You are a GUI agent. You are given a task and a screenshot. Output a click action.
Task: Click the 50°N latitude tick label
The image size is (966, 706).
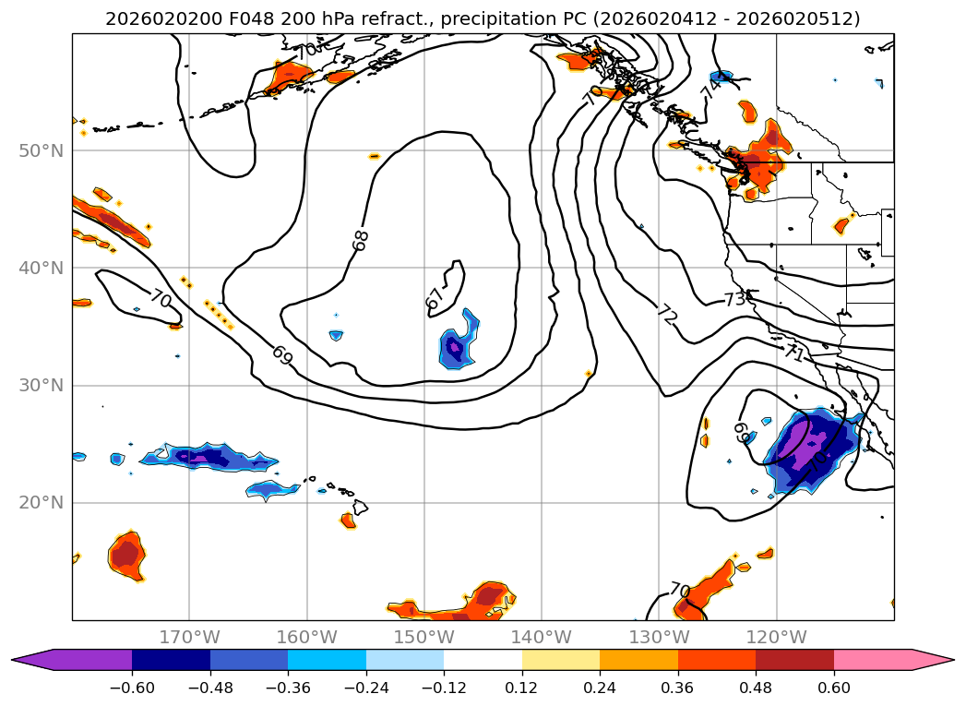coord(41,150)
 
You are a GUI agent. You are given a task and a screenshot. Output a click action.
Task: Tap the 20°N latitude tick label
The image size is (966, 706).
coord(41,503)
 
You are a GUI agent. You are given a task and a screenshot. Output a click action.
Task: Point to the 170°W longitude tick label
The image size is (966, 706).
coord(189,637)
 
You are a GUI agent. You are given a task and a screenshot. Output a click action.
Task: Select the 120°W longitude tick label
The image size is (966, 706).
coord(776,637)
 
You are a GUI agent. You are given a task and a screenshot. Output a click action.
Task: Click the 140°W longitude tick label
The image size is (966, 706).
coord(542,637)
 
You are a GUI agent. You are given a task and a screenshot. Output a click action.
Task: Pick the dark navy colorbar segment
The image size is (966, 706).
coord(171,659)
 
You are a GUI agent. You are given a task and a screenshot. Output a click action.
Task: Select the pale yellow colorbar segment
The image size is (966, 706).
coord(560,659)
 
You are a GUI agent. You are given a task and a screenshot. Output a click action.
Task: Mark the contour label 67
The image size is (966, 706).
coord(434,298)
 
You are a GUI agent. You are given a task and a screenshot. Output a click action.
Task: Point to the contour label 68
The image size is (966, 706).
coord(361,240)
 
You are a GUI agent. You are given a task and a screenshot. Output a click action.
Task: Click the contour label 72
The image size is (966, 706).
coord(666,314)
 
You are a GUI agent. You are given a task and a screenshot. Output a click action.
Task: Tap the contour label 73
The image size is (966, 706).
coord(734,299)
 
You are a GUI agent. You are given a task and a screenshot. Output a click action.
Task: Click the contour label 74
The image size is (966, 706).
coord(710,89)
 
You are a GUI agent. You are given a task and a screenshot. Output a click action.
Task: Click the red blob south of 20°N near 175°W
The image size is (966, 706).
coord(126,555)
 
